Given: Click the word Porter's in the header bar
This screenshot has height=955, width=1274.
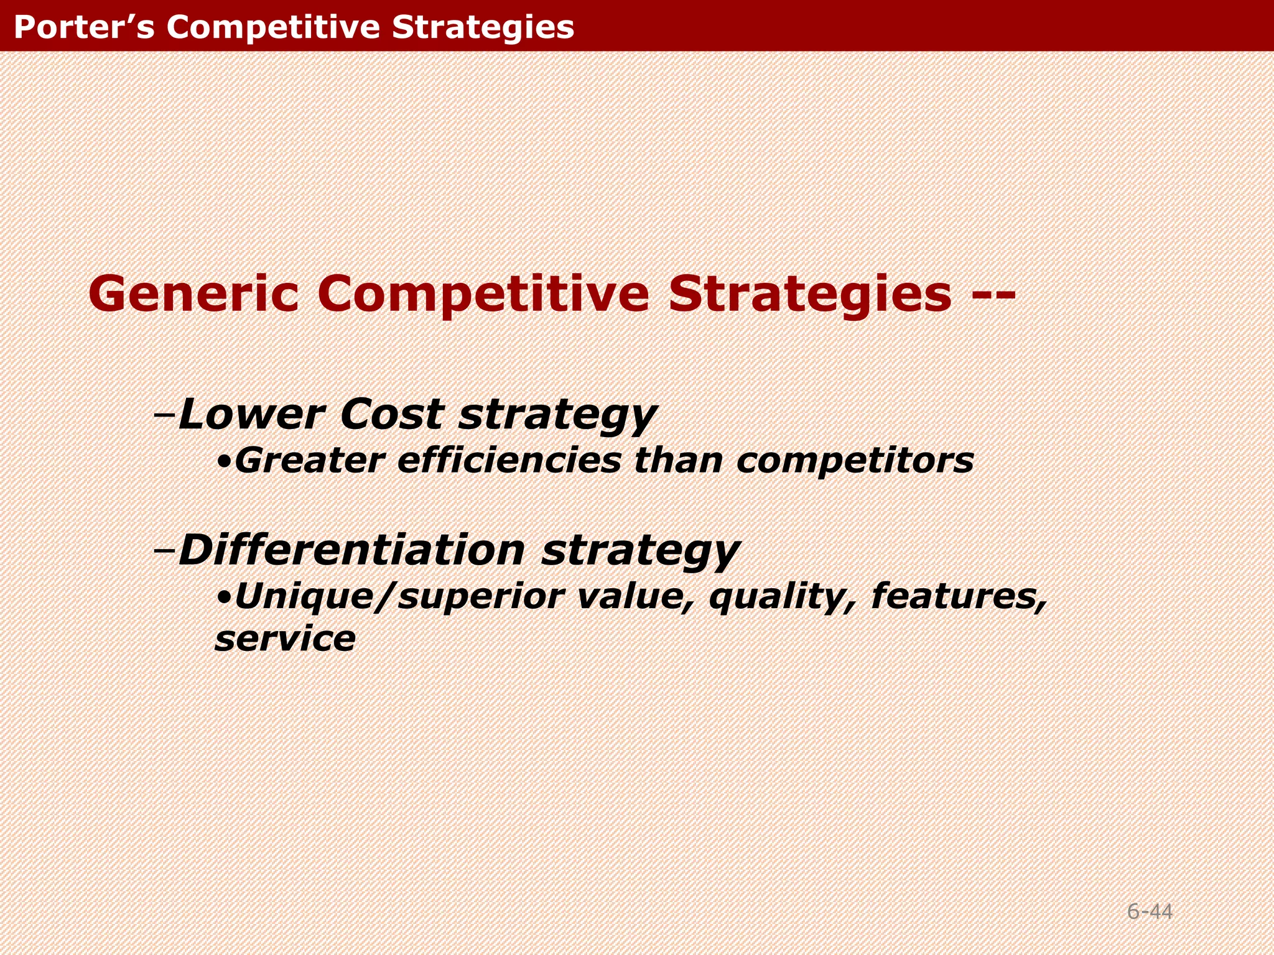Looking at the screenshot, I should click(83, 27).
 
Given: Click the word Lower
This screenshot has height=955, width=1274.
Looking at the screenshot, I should click(251, 414).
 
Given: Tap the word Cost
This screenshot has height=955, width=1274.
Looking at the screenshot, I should click(392, 414).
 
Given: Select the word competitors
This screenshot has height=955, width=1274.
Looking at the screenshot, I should click(855, 461).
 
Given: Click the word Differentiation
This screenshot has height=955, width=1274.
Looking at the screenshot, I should click(351, 550).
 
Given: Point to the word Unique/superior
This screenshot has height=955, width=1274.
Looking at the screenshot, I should click(399, 597).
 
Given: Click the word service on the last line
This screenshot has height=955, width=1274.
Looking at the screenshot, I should click(285, 639).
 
